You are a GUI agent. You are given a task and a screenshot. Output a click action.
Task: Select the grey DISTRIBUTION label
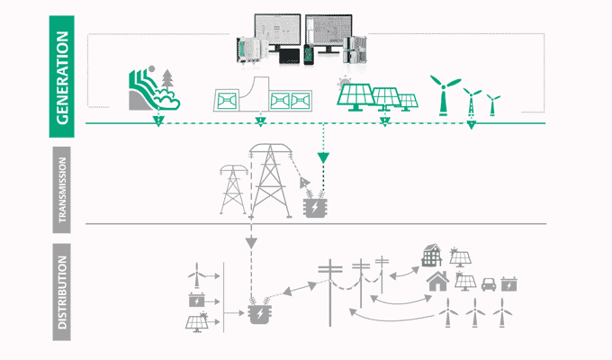pos(61,296)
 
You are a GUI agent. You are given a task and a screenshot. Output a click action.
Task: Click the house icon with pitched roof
pos(439,283)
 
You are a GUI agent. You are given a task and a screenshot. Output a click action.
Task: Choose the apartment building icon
pos(432,257)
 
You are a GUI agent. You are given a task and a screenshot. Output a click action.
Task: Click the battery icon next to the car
pos(509,284)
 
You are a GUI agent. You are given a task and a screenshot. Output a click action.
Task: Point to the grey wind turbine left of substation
pos(195,271)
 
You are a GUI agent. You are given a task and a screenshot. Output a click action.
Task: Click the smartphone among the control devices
pos(309,53)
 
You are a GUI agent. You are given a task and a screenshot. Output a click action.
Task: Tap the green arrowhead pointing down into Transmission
pos(324,158)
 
